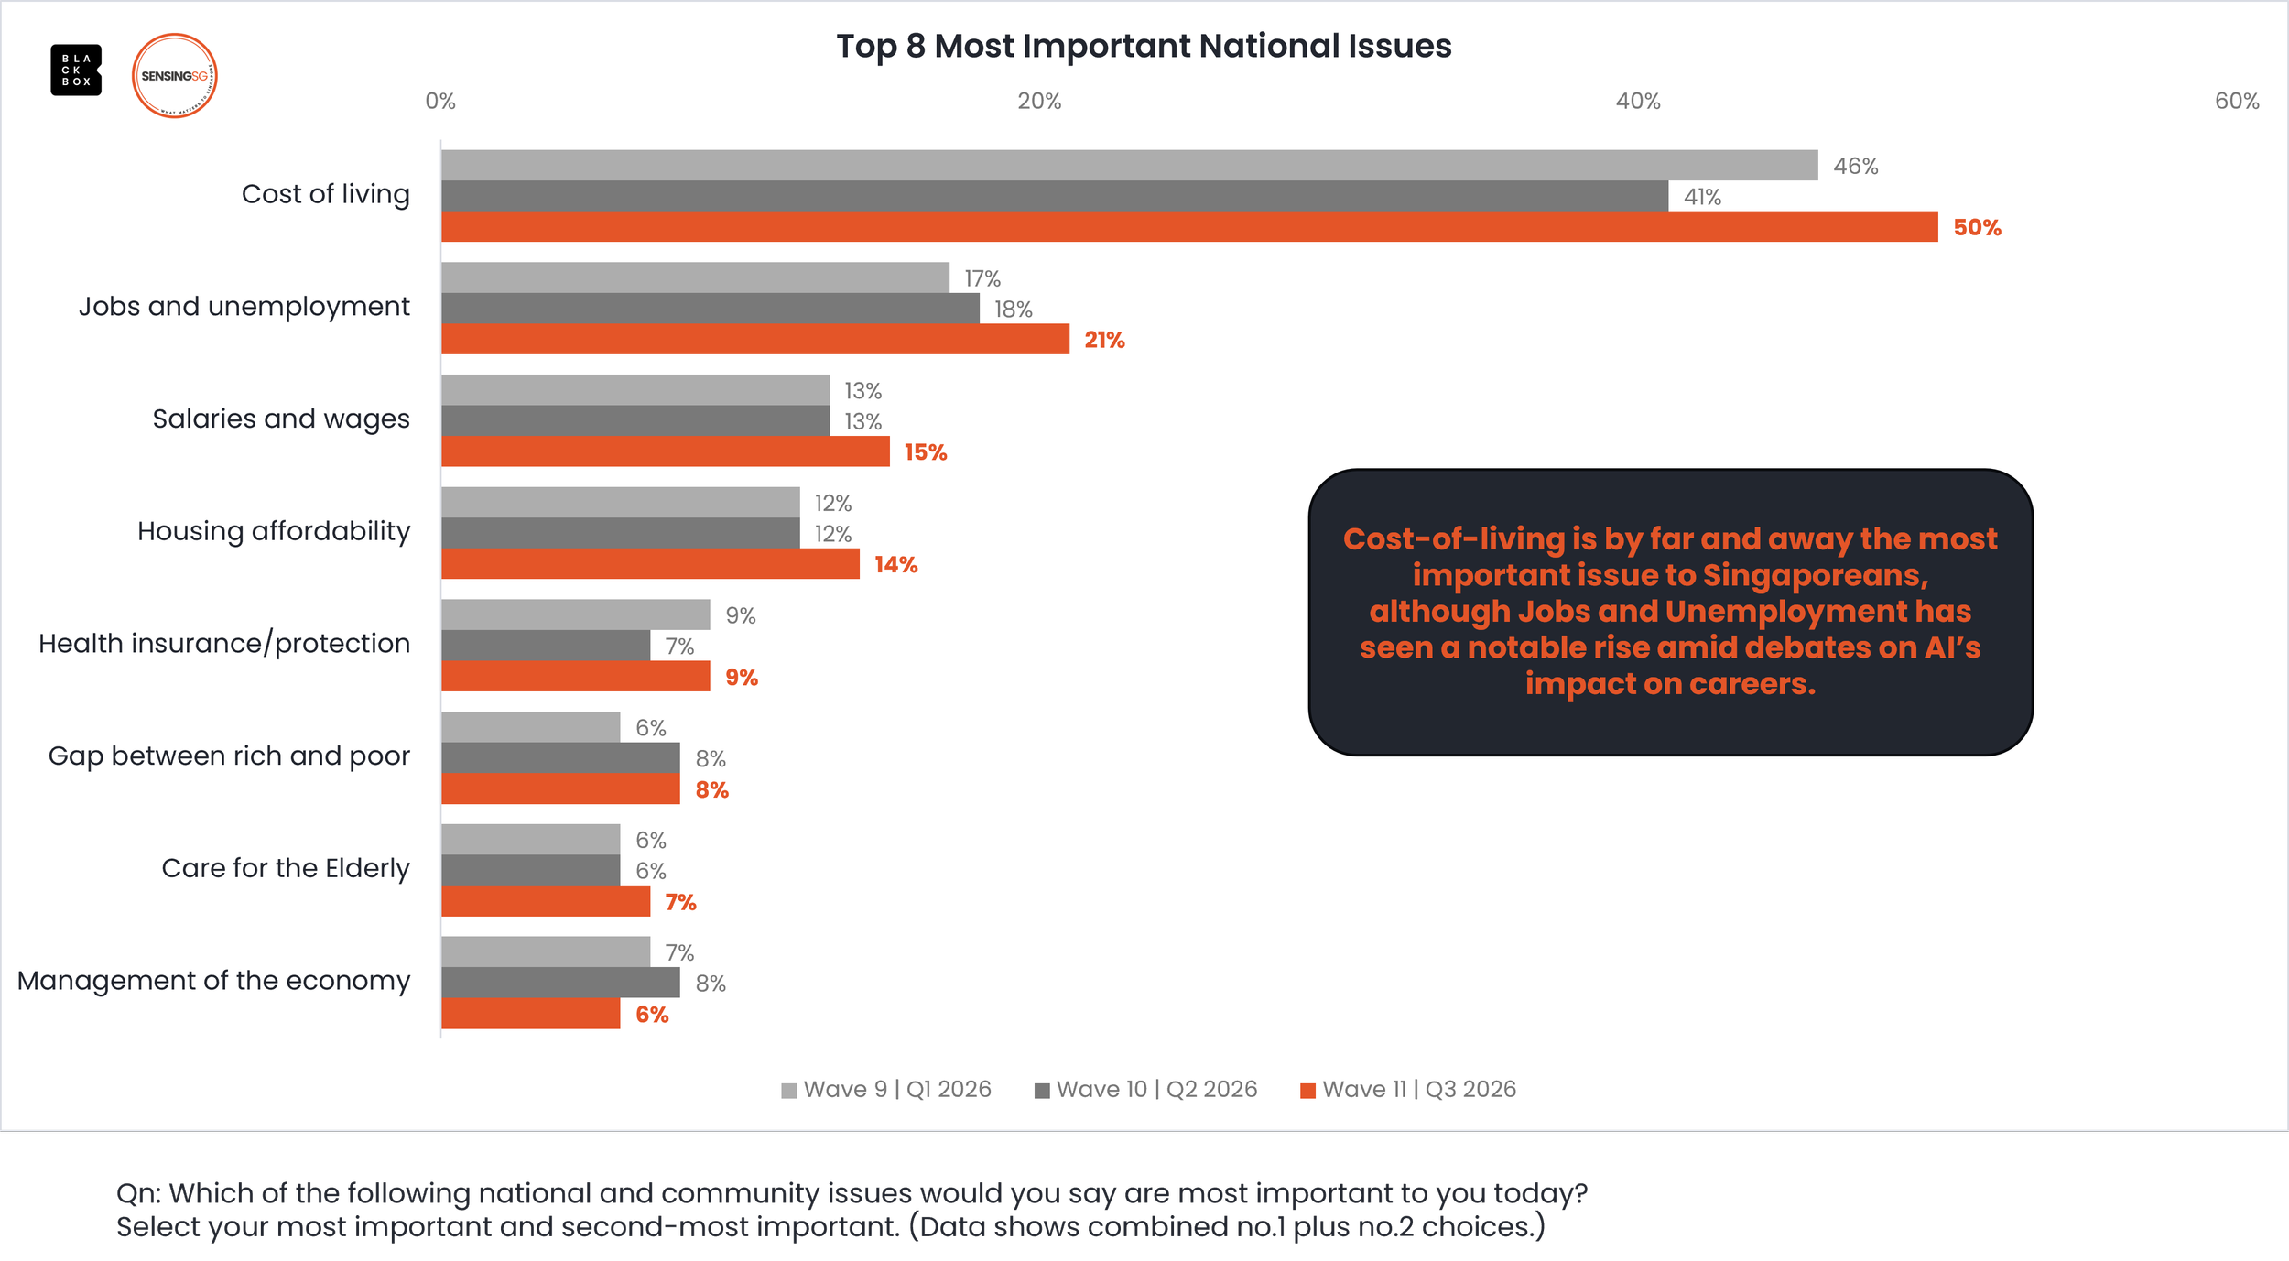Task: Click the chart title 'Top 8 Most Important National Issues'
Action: click(x=1144, y=46)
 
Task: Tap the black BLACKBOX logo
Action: click(x=76, y=70)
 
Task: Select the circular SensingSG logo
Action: click(x=174, y=76)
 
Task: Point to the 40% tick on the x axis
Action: click(x=1637, y=102)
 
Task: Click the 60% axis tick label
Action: click(x=2237, y=102)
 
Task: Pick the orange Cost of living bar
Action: click(x=1189, y=227)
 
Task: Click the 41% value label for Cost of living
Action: click(x=1702, y=197)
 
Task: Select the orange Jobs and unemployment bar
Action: click(x=755, y=339)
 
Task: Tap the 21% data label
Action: click(x=1104, y=340)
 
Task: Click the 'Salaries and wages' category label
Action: click(x=281, y=419)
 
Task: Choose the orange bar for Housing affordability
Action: click(x=650, y=564)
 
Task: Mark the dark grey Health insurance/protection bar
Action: click(x=546, y=646)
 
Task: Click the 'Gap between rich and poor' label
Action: click(x=229, y=756)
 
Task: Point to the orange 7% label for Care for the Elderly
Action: click(x=680, y=902)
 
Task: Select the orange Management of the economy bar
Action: click(x=531, y=1014)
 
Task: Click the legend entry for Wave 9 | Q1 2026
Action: click(x=886, y=1089)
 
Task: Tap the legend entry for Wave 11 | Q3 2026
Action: click(x=1408, y=1089)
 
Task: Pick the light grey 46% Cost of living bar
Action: click(x=1130, y=165)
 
